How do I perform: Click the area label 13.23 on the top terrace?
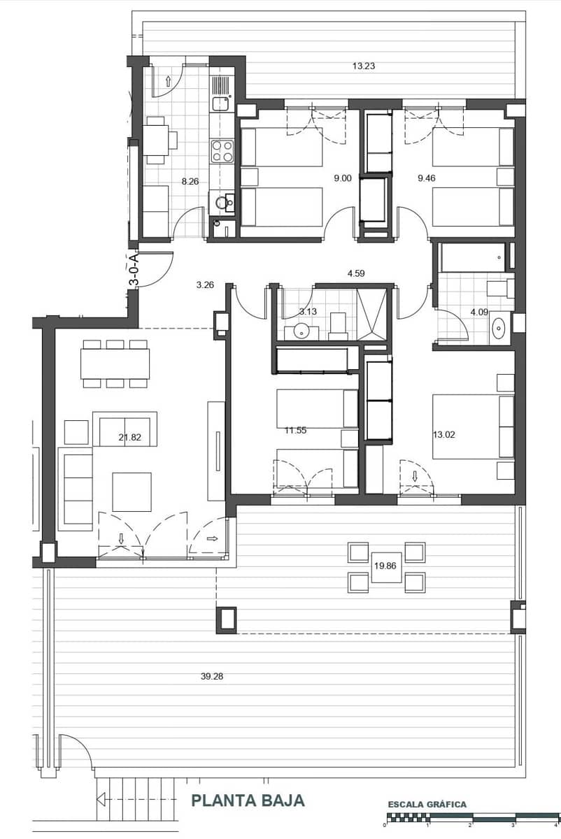click(364, 66)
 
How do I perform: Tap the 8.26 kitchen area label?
click(190, 181)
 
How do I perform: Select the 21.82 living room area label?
click(130, 438)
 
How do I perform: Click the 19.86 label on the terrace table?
click(387, 568)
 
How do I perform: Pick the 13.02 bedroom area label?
click(443, 434)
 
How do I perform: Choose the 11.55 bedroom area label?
click(296, 431)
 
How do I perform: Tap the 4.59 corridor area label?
click(356, 273)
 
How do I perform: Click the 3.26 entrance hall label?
click(205, 285)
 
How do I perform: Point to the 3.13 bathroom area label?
click(308, 311)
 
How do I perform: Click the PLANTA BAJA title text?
click(248, 801)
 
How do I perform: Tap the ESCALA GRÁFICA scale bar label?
click(427, 805)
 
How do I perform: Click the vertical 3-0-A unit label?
click(133, 268)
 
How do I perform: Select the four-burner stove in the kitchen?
click(222, 150)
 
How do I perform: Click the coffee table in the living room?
click(132, 492)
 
